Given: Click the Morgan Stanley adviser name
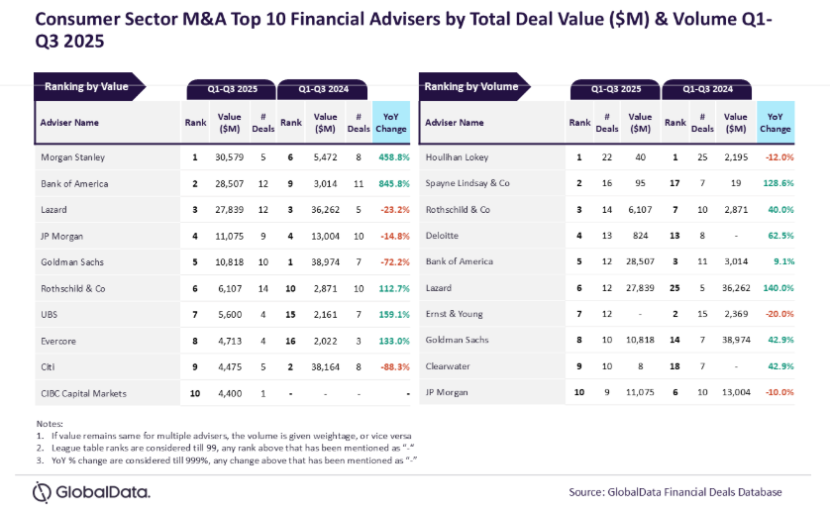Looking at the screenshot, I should pos(73,156).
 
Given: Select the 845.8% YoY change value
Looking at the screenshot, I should pos(391,183).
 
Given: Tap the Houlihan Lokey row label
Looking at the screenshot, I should pos(457,156).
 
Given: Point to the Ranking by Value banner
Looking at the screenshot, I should pos(87,86).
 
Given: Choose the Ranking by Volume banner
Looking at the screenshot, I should pos(472,86).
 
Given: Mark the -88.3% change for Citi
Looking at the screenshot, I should pos(391,367).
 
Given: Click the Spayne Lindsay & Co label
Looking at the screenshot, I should pos(467,183).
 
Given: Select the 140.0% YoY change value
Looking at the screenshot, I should pos(776,288).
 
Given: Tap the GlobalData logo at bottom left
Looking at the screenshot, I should pos(91,491).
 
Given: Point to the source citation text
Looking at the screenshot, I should pos(674,492).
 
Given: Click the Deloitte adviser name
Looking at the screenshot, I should pos(444,236).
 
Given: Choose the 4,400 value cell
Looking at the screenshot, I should pos(230,393).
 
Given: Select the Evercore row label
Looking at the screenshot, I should pos(58,341).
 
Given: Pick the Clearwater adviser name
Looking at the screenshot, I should pos(449,367).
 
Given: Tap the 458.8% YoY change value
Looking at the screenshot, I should pos(391,156).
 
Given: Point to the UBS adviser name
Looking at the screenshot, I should pos(50,315).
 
